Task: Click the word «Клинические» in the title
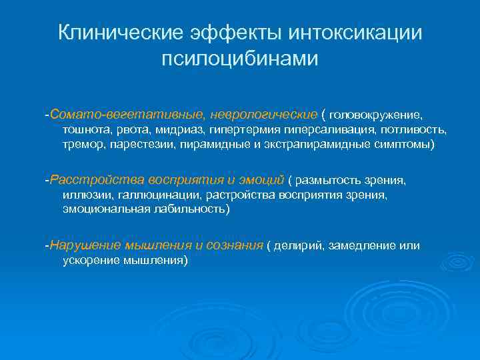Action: tap(120, 33)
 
